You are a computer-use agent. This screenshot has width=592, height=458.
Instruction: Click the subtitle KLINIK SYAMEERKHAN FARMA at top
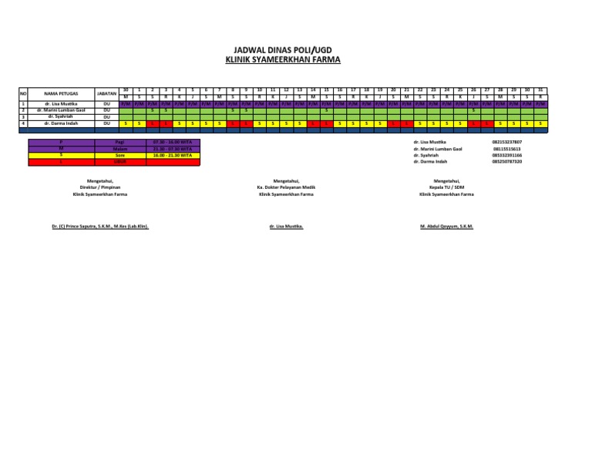coord(282,59)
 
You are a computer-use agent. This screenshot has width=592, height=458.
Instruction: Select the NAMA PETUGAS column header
coord(59,93)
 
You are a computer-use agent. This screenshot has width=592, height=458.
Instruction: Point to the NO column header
coord(24,93)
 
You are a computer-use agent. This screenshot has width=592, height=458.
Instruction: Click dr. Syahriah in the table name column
coord(59,116)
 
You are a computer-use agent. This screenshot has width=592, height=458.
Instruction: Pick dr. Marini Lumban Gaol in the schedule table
coord(59,110)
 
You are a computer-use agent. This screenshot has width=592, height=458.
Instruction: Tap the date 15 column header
coord(327,89)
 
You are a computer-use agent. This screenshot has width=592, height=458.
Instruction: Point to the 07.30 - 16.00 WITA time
coord(174,143)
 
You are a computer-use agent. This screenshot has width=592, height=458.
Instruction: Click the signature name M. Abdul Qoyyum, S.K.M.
coord(446,227)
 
